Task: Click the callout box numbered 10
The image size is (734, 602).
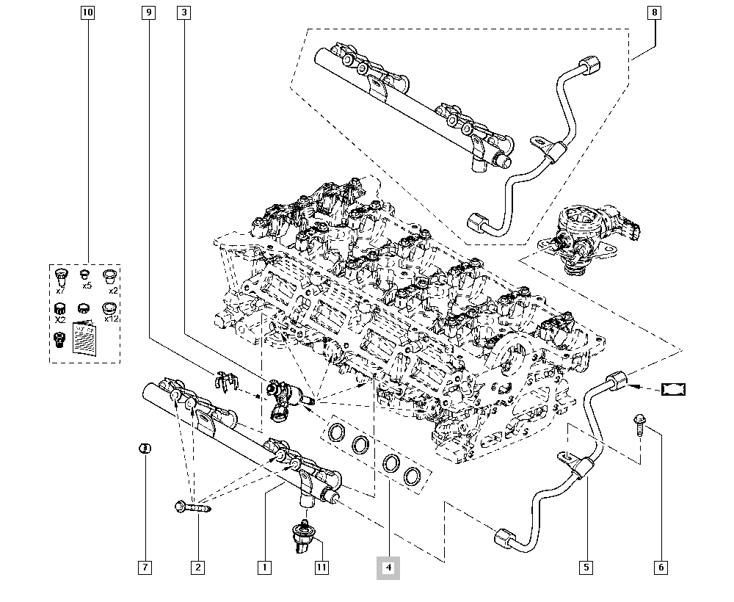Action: pyautogui.click(x=88, y=12)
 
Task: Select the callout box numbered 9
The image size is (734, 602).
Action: pyautogui.click(x=148, y=12)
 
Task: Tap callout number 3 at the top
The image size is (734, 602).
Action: pyautogui.click(x=183, y=12)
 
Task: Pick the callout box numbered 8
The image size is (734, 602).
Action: pyautogui.click(x=654, y=12)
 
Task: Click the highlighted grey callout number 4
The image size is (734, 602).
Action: pyautogui.click(x=388, y=567)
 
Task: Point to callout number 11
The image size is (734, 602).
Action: pyautogui.click(x=321, y=567)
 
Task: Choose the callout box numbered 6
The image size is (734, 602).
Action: pyautogui.click(x=661, y=567)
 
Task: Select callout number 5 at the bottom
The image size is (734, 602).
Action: pyautogui.click(x=585, y=567)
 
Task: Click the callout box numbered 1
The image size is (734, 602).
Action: pyautogui.click(x=264, y=567)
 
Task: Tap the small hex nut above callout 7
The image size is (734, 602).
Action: pyautogui.click(x=145, y=448)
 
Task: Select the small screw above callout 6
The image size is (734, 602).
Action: pyautogui.click(x=639, y=424)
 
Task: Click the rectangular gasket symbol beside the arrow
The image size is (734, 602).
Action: pyautogui.click(x=674, y=388)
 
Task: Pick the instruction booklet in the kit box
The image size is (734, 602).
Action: pyautogui.click(x=86, y=340)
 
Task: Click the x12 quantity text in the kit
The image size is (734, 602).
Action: pyautogui.click(x=112, y=319)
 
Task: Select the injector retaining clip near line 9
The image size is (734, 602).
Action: pyautogui.click(x=229, y=380)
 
